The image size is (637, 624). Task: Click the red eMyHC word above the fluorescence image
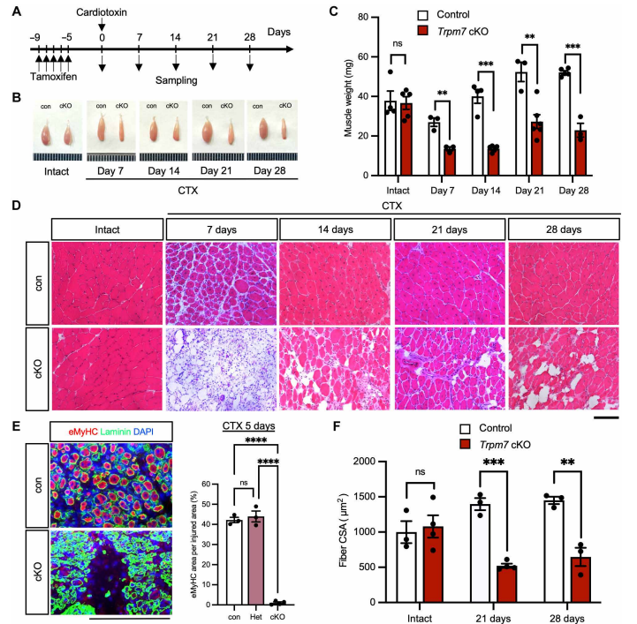tap(76, 432)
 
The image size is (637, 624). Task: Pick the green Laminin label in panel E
tap(116, 432)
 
